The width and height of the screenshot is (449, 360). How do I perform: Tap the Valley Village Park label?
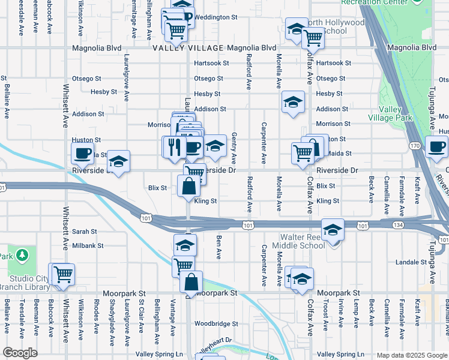[395, 113]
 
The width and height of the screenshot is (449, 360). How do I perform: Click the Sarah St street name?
[85, 231]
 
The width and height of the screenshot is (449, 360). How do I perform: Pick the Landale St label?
[411, 262]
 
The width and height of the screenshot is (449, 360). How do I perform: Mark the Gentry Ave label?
[234, 149]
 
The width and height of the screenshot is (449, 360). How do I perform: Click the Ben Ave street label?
[219, 247]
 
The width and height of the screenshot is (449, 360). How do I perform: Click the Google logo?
[20, 353]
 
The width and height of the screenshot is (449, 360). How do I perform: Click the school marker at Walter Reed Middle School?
[332, 230]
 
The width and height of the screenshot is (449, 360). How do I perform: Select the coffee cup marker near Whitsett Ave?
[82, 152]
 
